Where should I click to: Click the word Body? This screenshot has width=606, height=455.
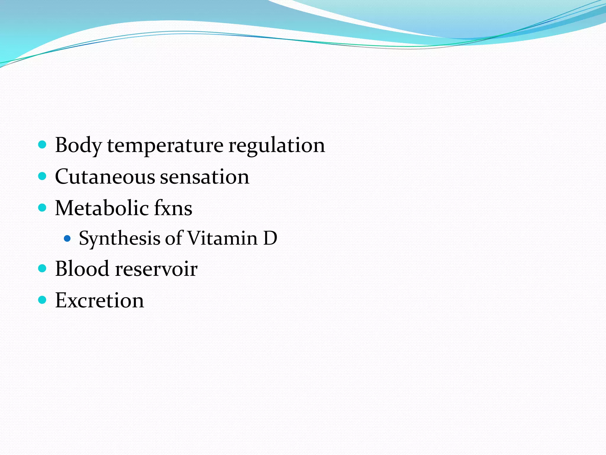coord(78,146)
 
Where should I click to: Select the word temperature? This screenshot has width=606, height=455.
coord(165,146)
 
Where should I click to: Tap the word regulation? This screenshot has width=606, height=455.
coord(276,146)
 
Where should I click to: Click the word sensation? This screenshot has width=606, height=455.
coord(204,177)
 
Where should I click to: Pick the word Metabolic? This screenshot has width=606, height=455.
coord(102,208)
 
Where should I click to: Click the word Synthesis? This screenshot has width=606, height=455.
coord(119,238)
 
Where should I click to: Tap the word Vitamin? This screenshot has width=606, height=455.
coord(223,238)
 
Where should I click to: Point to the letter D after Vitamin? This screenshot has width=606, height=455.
coord(270,238)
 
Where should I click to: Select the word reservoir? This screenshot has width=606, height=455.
coord(156,269)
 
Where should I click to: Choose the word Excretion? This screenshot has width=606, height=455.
coord(99,300)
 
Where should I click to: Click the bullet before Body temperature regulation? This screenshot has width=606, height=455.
coord(43,145)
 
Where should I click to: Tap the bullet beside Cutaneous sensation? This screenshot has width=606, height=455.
coord(43,176)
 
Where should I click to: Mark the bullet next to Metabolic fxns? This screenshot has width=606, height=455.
coord(43,207)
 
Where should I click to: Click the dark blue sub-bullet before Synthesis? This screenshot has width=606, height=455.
coord(67,238)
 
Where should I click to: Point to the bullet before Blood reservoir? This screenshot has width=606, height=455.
coord(43,268)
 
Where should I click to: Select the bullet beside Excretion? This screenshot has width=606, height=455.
coord(43,300)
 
